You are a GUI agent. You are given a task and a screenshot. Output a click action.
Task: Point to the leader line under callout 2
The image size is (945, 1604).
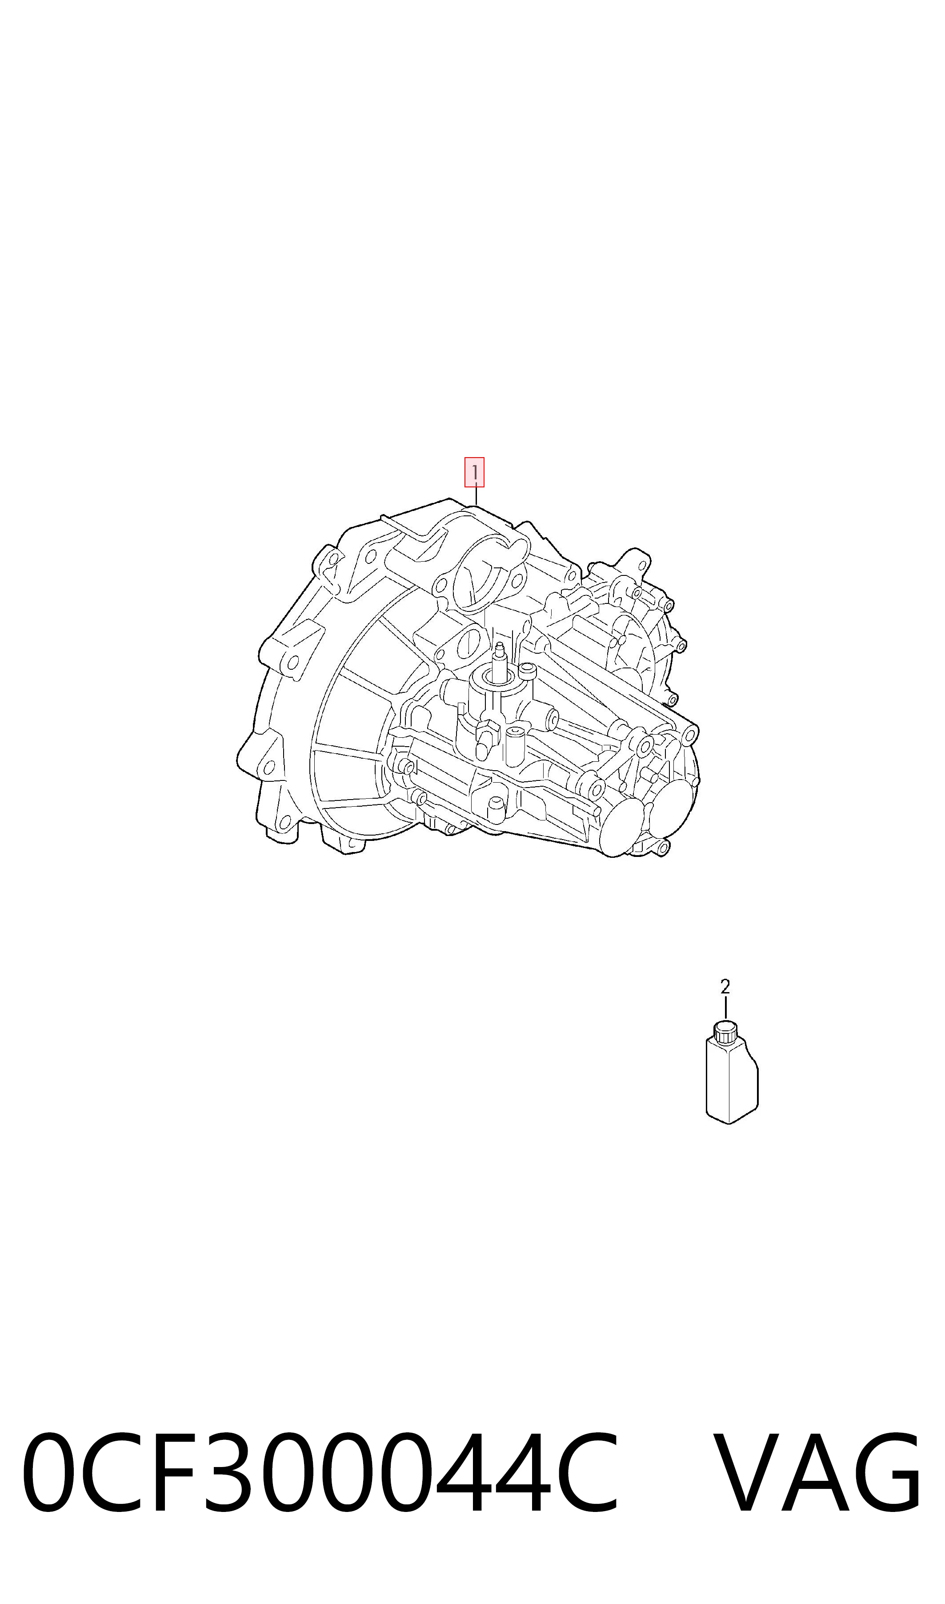coord(725,1009)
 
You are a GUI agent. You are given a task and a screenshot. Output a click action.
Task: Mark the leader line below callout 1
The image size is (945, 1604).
coord(476,496)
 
